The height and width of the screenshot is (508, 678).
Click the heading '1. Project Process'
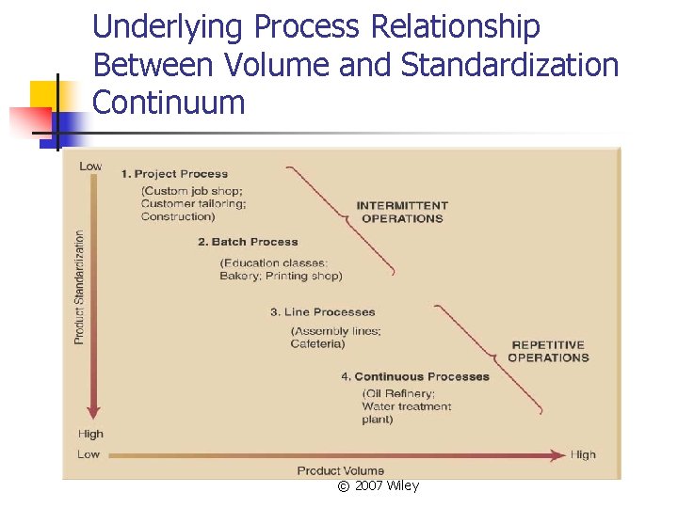[x=174, y=173]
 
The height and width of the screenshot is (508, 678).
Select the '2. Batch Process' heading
[x=248, y=242]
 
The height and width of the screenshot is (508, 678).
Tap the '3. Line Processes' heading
[x=322, y=311]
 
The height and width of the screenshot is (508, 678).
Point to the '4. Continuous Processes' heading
[x=415, y=376]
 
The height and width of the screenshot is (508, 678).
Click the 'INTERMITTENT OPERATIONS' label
[x=402, y=212]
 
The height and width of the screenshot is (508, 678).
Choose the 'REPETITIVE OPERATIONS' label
[x=548, y=351]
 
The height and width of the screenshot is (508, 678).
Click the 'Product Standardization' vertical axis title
[x=79, y=286]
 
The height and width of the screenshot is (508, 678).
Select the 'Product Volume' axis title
[x=341, y=470]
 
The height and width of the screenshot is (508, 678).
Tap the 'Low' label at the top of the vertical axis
[x=90, y=167]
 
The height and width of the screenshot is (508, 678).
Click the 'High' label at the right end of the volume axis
[x=583, y=454]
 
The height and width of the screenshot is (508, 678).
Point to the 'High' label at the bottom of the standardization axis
[x=91, y=435]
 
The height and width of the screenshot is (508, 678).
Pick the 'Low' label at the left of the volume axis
[x=89, y=454]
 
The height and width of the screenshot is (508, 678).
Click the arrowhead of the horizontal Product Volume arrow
[x=557, y=454]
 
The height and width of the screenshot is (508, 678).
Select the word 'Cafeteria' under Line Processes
[x=318, y=344]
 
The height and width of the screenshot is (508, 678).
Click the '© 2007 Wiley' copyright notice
[x=378, y=485]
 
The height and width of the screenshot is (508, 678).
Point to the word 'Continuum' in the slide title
[x=169, y=102]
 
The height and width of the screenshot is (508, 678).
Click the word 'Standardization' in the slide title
[x=509, y=65]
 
